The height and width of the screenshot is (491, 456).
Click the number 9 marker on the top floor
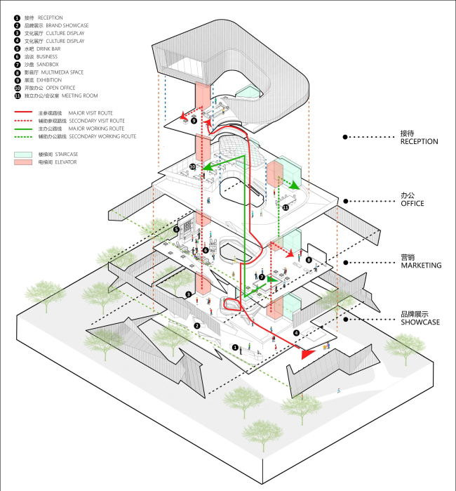click(194, 121)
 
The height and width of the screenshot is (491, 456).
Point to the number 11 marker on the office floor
click(286, 208)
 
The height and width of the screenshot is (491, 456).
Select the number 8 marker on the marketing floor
click(309, 261)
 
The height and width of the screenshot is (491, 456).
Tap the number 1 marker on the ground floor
click(235, 347)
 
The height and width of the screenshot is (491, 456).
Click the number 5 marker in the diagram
click(177, 229)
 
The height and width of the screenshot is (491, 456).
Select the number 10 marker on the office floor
click(193, 166)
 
